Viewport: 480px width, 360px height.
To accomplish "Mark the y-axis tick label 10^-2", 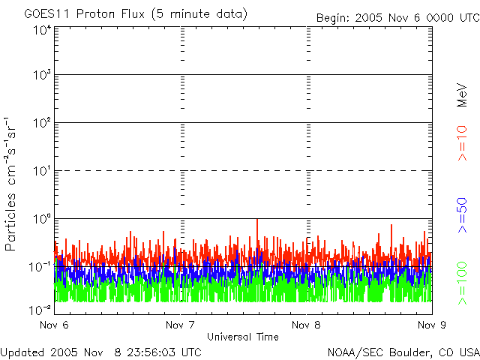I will click(x=40, y=309).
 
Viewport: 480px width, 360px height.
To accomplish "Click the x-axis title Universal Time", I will click(x=242, y=337).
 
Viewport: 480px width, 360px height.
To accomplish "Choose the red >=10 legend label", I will click(x=462, y=143).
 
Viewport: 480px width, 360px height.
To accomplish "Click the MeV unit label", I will click(x=462, y=96).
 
